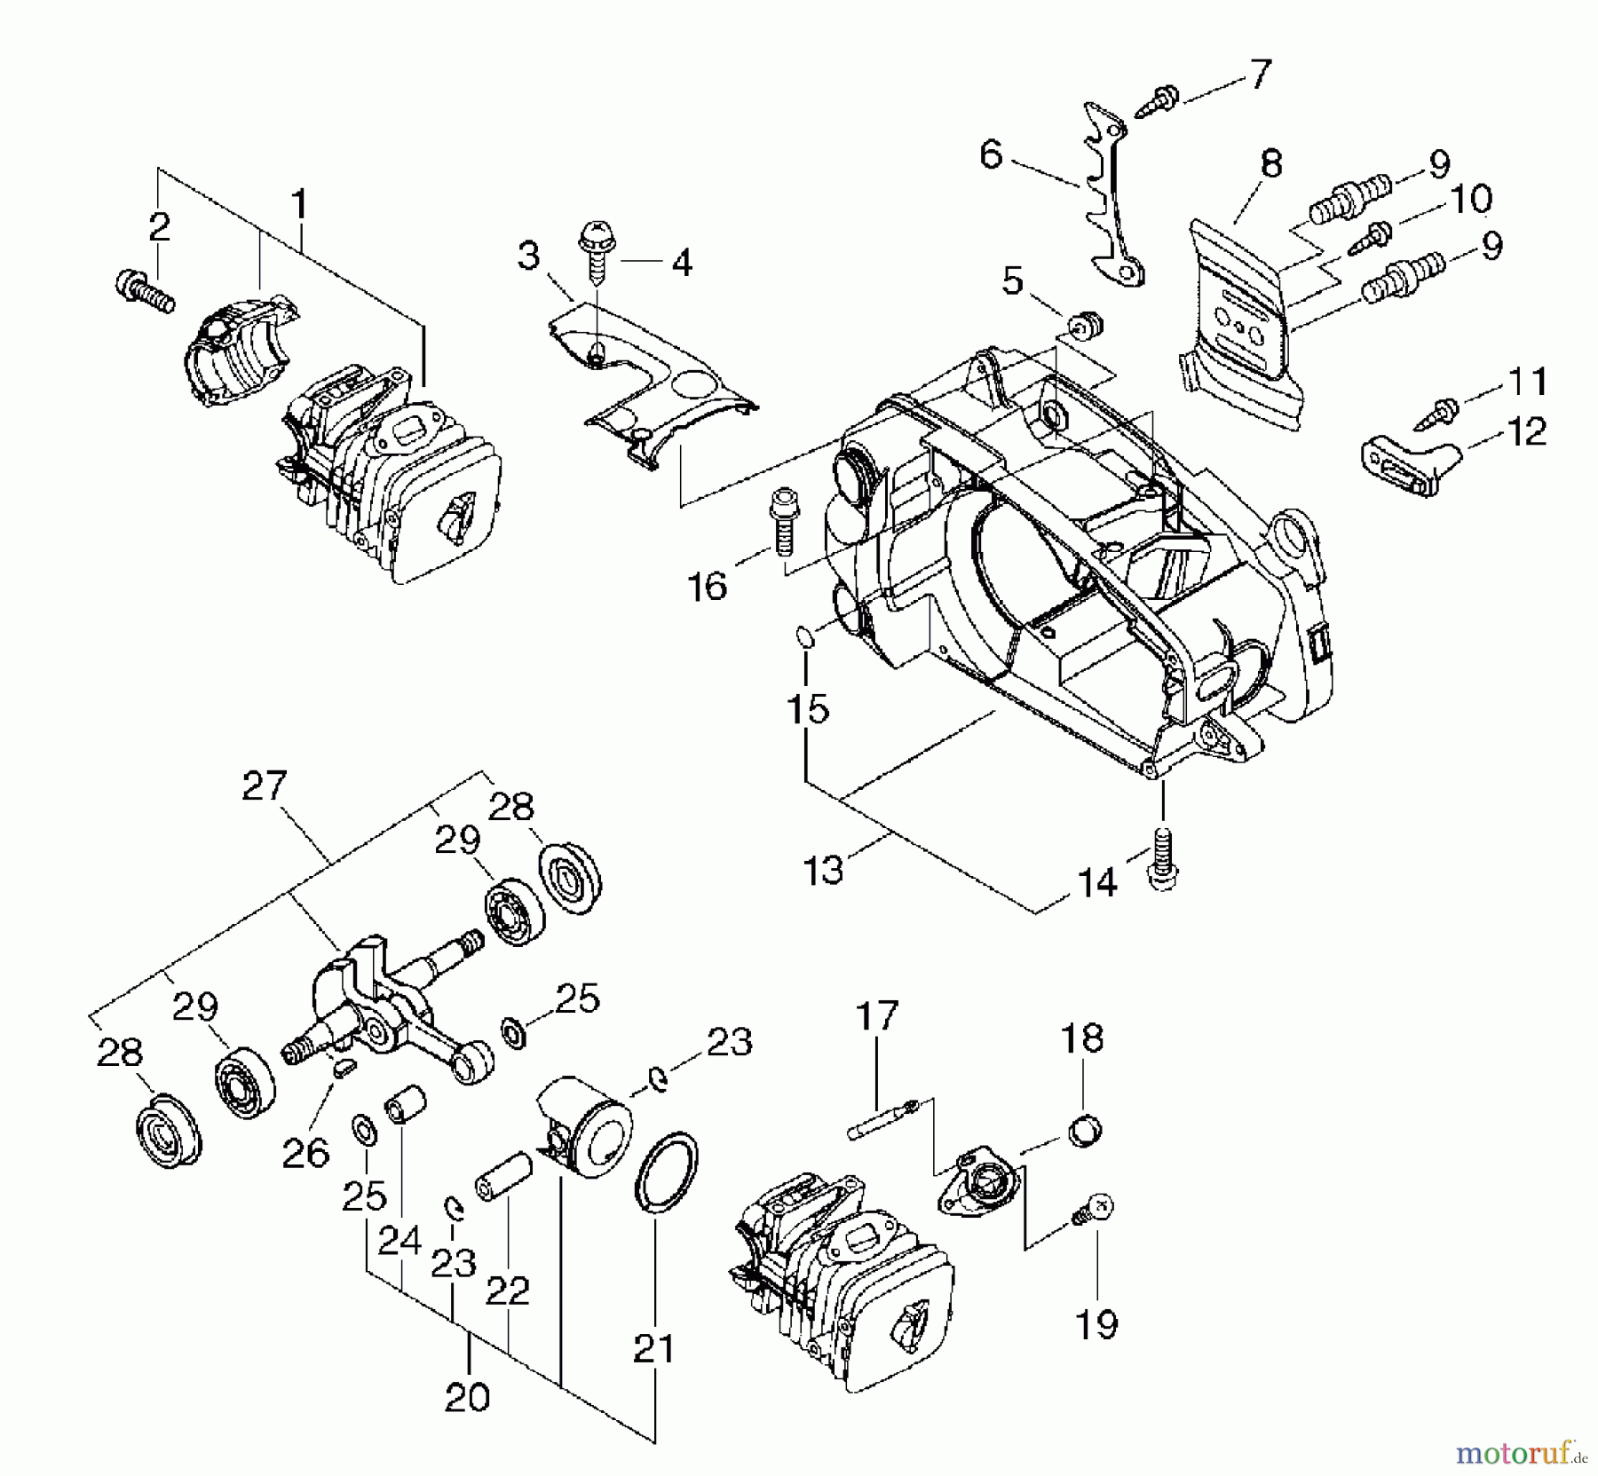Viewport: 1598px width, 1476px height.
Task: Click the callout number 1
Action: point(300,204)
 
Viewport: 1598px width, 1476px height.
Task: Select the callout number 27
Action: point(265,786)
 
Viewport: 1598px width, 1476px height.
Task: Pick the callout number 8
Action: point(1271,163)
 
